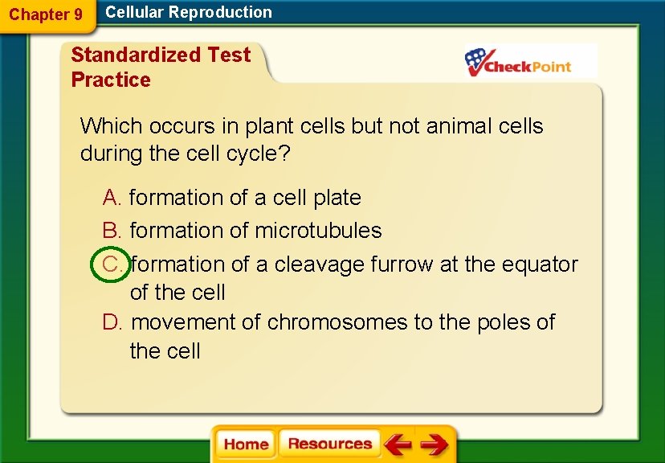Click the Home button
(x=246, y=445)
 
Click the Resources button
(x=329, y=444)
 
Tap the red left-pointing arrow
(x=397, y=445)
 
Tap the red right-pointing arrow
(x=434, y=445)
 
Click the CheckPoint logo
(x=520, y=62)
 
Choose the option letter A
(x=112, y=198)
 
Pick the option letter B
(x=112, y=231)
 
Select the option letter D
(x=112, y=322)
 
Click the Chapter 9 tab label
(x=46, y=14)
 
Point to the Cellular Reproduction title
(x=189, y=12)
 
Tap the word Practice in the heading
(x=111, y=80)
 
